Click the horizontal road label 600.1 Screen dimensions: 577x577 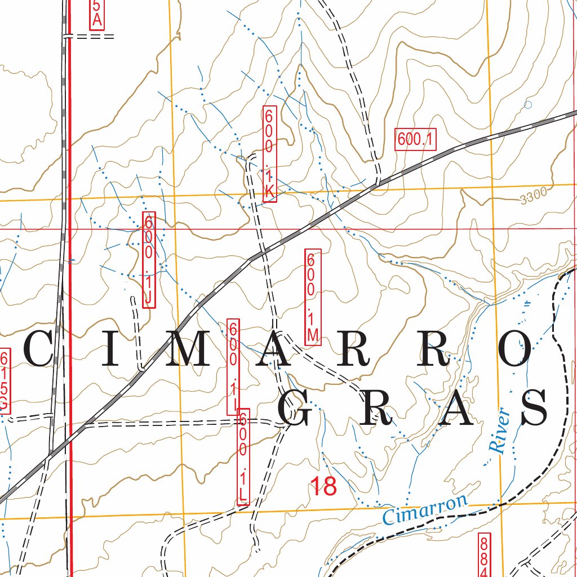pyautogui.click(x=415, y=139)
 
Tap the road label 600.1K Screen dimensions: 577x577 pyautogui.click(x=269, y=154)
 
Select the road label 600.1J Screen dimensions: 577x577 pyautogui.click(x=148, y=260)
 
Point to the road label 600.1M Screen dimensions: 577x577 pyautogui.click(x=312, y=296)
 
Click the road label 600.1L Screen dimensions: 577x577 pyautogui.click(x=243, y=457)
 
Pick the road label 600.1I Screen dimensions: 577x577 pyautogui.click(x=233, y=367)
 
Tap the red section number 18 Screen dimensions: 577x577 pyautogui.click(x=323, y=486)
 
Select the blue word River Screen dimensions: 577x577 pyautogui.click(x=499, y=431)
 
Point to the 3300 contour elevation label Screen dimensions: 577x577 pyautogui.click(x=534, y=197)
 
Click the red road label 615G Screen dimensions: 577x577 pyautogui.click(x=5, y=380)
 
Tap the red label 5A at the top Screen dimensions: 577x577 pyautogui.click(x=97, y=14)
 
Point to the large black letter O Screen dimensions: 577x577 pyautogui.click(x=517, y=349)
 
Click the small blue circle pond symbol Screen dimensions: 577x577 pyautogui.click(x=527, y=104)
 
